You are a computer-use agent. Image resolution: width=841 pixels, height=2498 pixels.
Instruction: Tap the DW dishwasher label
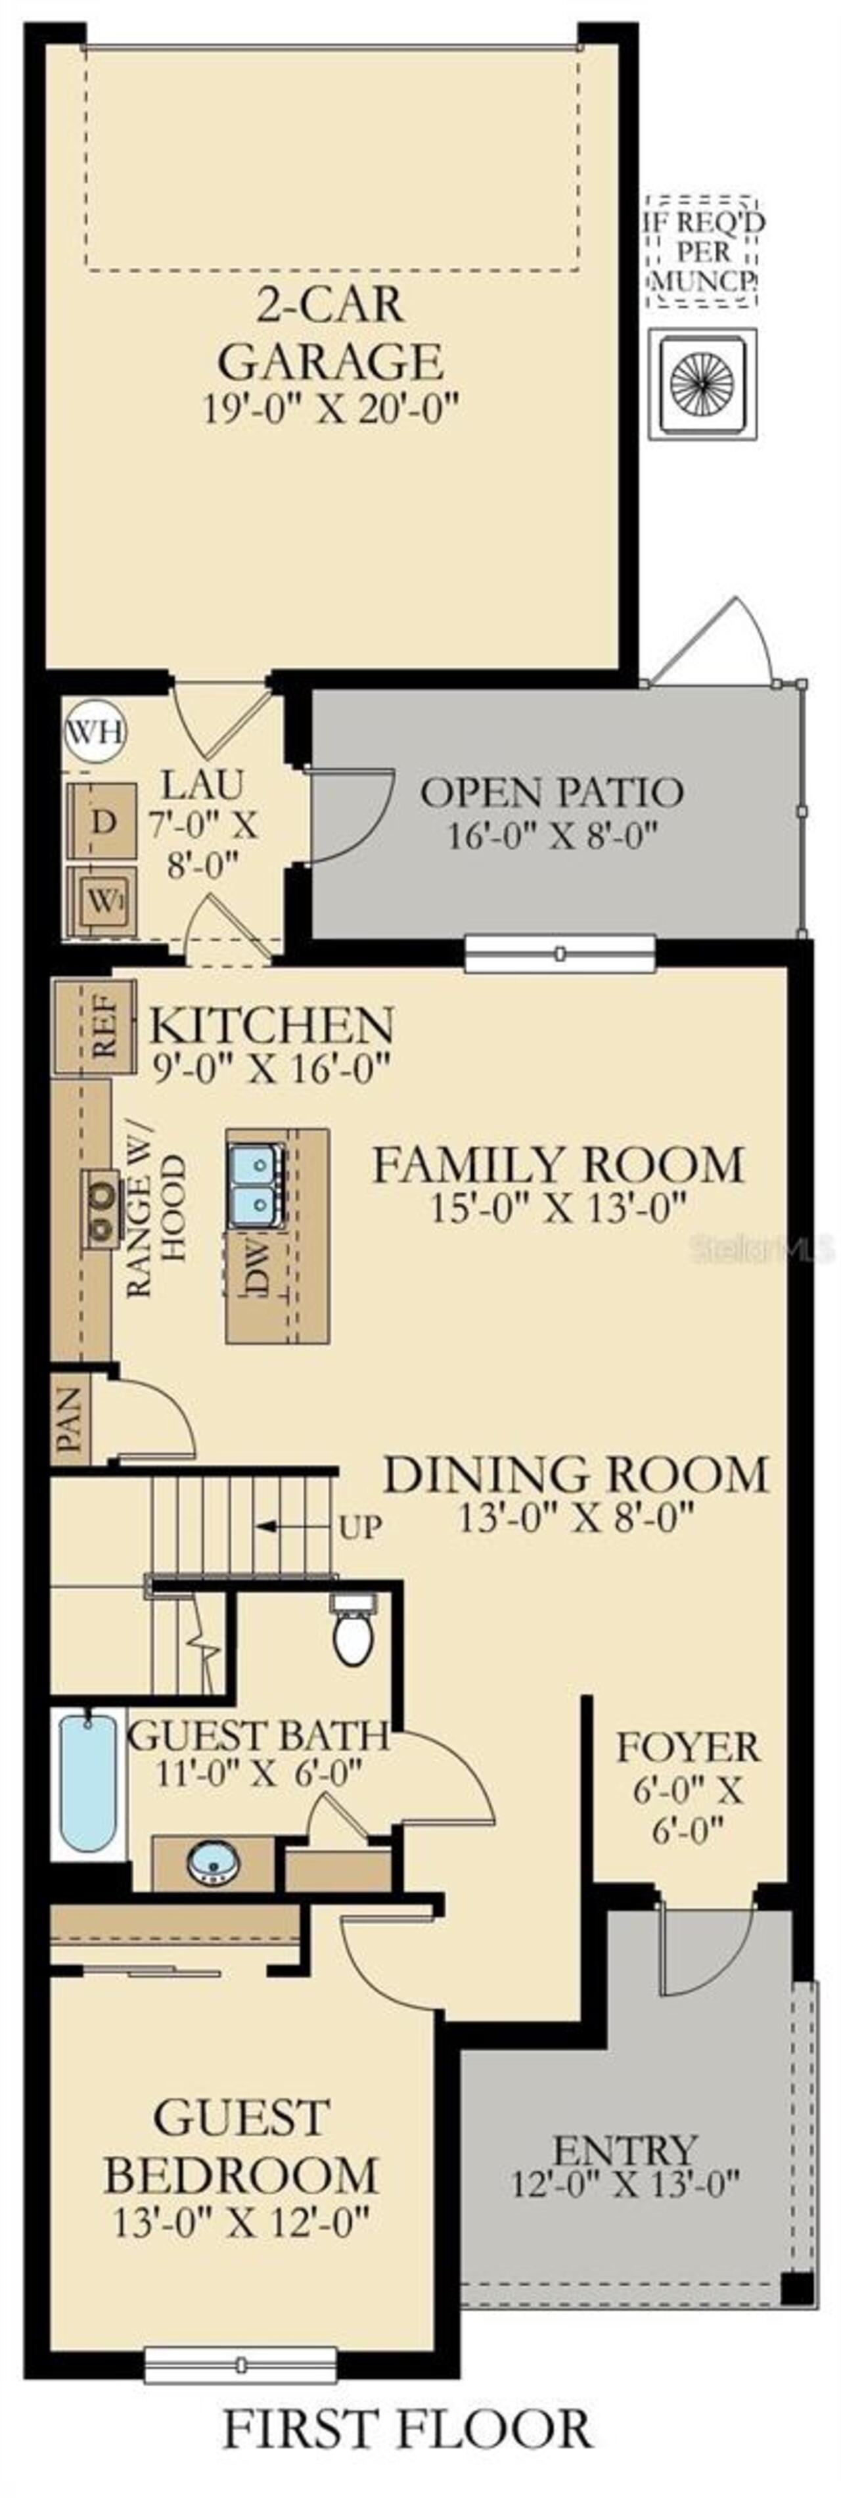255,1265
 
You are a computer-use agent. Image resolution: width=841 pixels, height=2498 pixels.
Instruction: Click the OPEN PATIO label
552,792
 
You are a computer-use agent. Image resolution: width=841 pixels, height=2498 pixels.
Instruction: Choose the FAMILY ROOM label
558,1164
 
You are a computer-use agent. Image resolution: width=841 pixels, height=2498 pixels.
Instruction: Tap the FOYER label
689,1748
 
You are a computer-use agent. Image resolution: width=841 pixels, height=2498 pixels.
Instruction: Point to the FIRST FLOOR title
407,2449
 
